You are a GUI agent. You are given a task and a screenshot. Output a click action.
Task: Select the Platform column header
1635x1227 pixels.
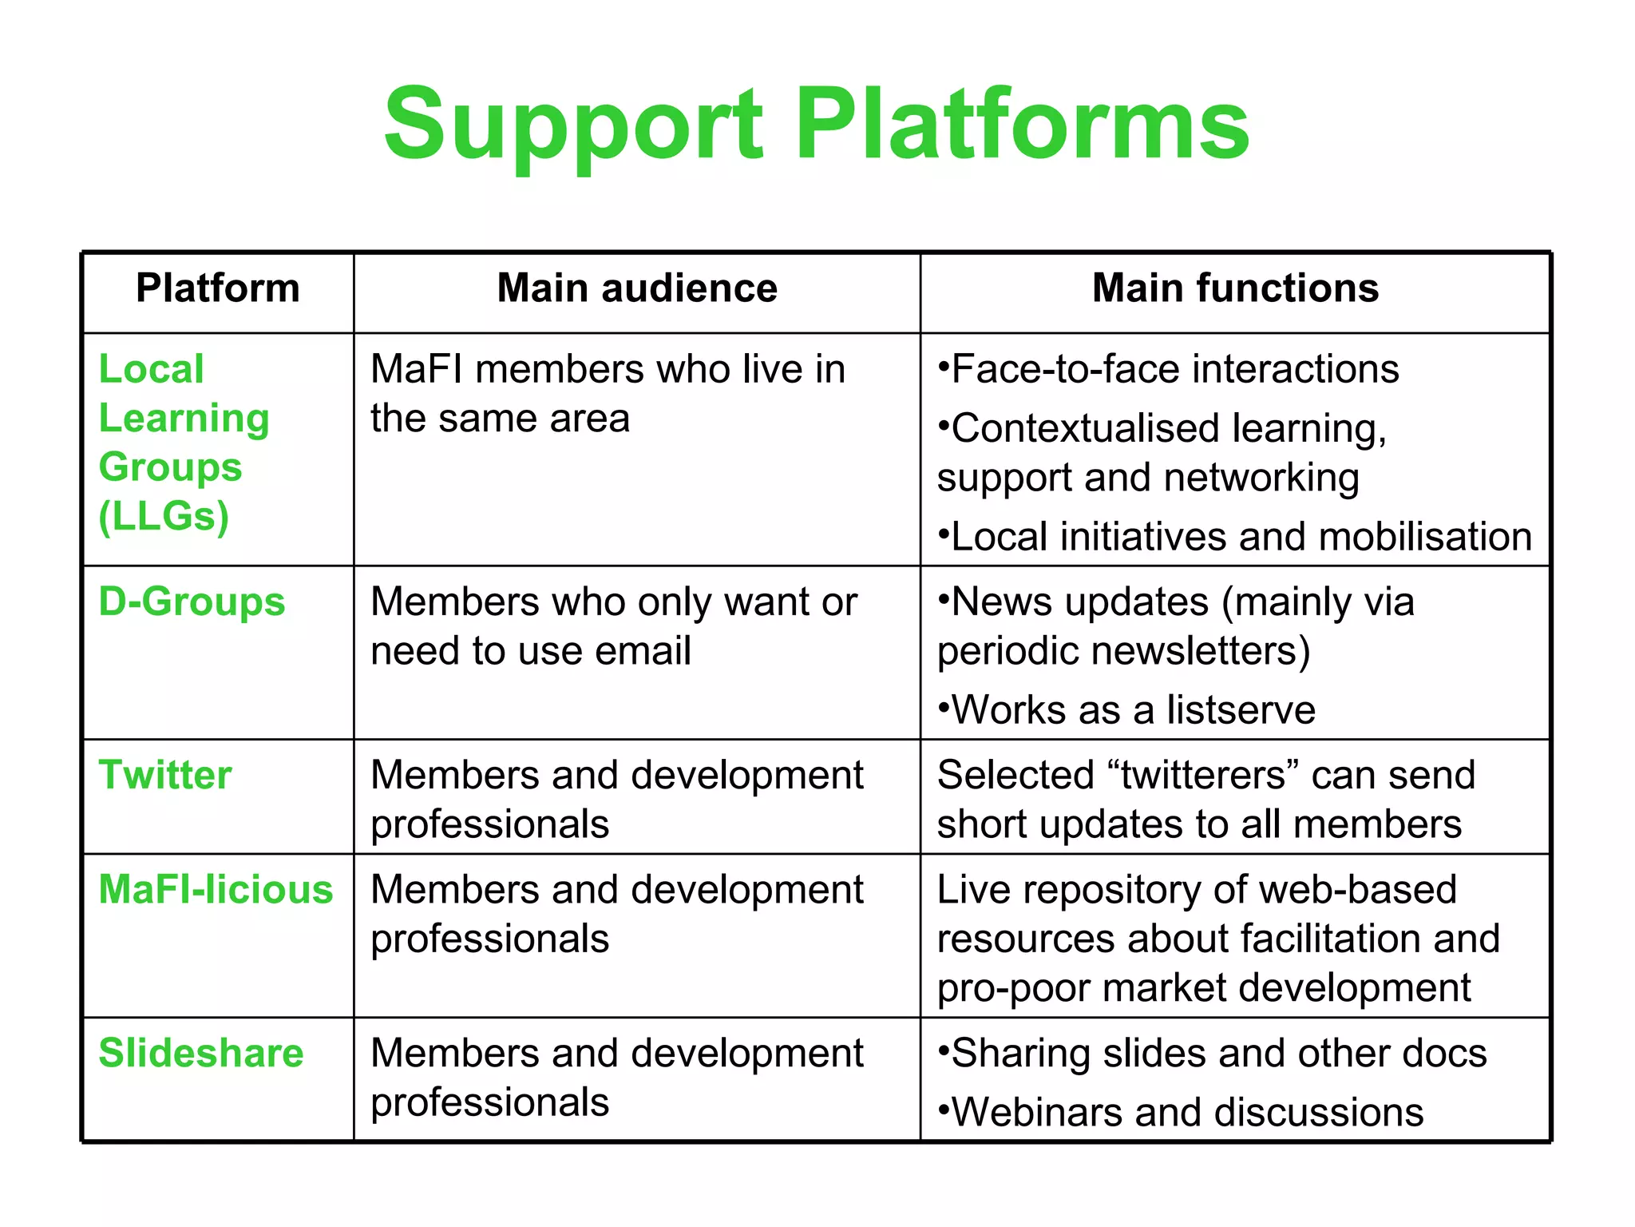pyautogui.click(x=217, y=288)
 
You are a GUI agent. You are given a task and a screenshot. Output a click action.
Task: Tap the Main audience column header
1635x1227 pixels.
pyautogui.click(x=636, y=288)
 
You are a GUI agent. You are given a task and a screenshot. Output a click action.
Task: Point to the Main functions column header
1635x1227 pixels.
pyautogui.click(x=1235, y=288)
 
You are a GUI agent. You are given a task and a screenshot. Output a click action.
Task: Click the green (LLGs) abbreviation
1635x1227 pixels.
pyautogui.click(x=164, y=517)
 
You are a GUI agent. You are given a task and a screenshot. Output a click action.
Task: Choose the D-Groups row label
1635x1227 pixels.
pyautogui.click(x=192, y=602)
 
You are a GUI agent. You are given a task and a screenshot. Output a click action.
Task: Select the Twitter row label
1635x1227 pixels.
pyautogui.click(x=165, y=775)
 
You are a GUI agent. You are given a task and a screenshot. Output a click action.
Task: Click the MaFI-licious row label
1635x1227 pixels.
pyautogui.click(x=216, y=890)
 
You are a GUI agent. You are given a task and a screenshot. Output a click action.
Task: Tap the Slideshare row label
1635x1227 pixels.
pyautogui.click(x=201, y=1053)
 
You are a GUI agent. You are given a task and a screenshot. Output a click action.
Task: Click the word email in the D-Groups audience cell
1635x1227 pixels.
pyautogui.click(x=643, y=651)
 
